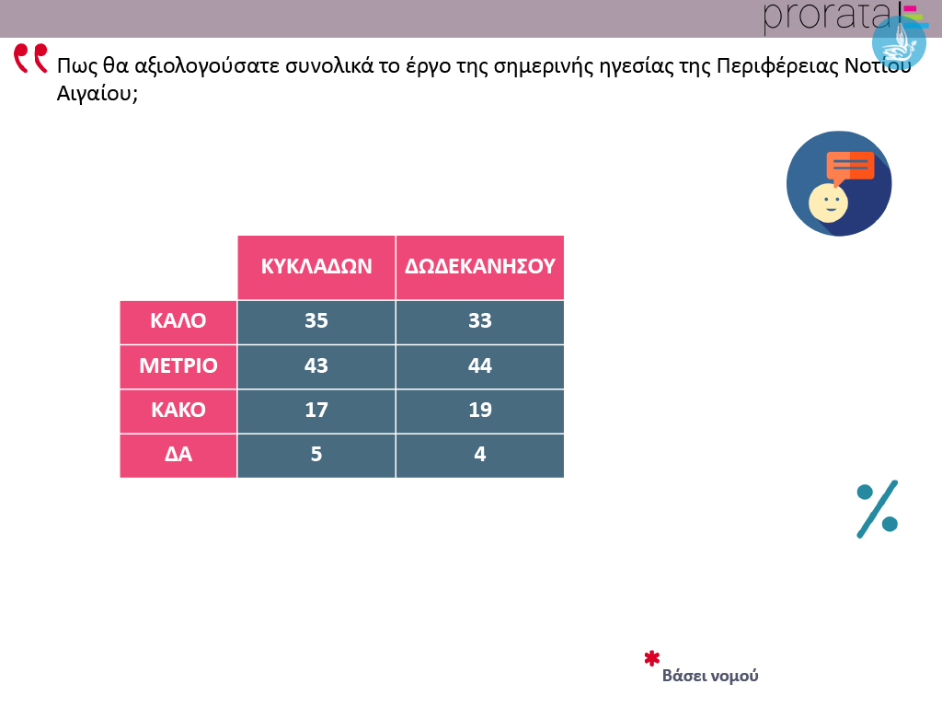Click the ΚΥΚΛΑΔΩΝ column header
pyautogui.click(x=316, y=266)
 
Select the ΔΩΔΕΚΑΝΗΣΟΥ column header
pyautogui.click(x=480, y=266)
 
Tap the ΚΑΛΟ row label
pyautogui.click(x=178, y=320)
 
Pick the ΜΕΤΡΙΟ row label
pyautogui.click(x=178, y=365)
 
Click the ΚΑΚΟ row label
pyautogui.click(x=178, y=410)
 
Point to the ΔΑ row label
pyautogui.click(x=178, y=454)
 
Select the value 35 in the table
pyautogui.click(x=316, y=320)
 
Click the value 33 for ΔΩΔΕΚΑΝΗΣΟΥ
pyautogui.click(x=480, y=320)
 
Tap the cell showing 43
pyautogui.click(x=316, y=365)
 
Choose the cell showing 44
pyautogui.click(x=480, y=365)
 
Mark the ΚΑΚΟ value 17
pyautogui.click(x=316, y=410)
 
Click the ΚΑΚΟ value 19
pyautogui.click(x=480, y=410)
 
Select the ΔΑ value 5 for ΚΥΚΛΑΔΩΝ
pyautogui.click(x=316, y=454)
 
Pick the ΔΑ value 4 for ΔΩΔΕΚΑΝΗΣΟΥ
pyautogui.click(x=480, y=454)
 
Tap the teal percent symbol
pyautogui.click(x=877, y=509)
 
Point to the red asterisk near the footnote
pyautogui.click(x=652, y=658)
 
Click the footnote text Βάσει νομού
pyautogui.click(x=710, y=676)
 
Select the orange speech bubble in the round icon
pyautogui.click(x=849, y=168)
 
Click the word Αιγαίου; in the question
pyautogui.click(x=98, y=94)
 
